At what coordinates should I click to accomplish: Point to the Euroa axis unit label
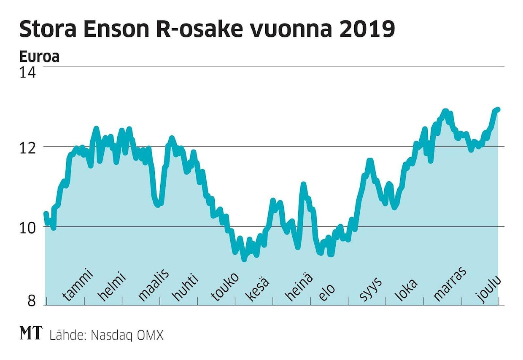[39, 57]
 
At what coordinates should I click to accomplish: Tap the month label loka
[406, 289]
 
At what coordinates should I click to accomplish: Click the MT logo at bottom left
[31, 334]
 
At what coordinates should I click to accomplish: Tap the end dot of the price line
[498, 110]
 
